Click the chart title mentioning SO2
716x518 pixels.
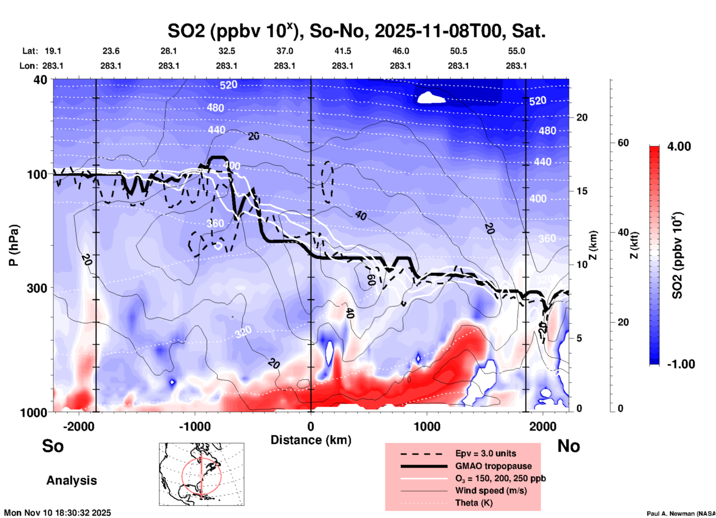pos(356,31)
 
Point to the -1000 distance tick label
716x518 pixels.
pos(194,427)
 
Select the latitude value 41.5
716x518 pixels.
pos(342,51)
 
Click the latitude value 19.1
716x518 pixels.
pos(53,51)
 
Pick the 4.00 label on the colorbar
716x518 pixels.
pos(679,146)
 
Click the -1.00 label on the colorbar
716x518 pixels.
pos(681,364)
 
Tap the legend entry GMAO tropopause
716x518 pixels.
pos(493,466)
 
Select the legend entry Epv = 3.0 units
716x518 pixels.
pos(485,453)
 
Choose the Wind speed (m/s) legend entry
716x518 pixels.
pos(491,491)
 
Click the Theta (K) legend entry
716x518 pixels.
pos(474,503)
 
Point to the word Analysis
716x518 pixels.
pos(71,480)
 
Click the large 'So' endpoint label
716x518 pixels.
pos(53,446)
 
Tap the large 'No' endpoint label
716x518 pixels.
pos(568,446)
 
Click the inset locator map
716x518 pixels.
pos(201,474)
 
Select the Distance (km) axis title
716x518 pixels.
pos(311,440)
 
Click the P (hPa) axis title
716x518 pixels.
pos(14,245)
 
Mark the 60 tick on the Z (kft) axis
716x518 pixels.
pos(623,143)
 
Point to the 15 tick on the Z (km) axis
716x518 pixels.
pos(581,191)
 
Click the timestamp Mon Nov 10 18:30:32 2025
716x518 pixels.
pos(58,513)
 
